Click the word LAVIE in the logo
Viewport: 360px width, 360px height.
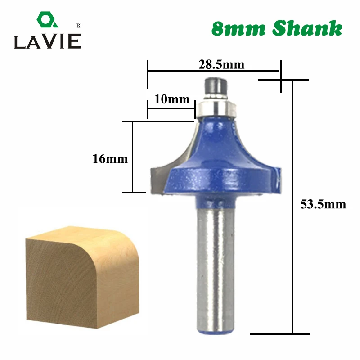(48, 41)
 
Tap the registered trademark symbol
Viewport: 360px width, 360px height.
(78, 25)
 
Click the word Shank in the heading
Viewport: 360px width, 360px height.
(307, 28)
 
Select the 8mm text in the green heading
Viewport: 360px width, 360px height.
(238, 29)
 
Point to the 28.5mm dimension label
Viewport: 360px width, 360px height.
(221, 64)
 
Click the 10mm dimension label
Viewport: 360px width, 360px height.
(172, 99)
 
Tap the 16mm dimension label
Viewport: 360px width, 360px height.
(110, 159)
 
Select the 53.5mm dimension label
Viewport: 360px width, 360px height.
(323, 204)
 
